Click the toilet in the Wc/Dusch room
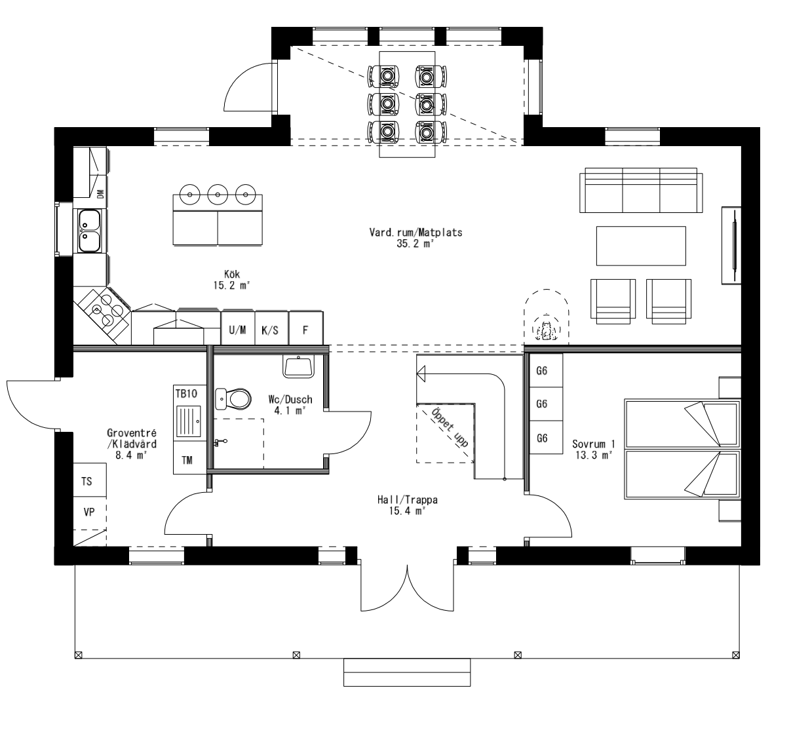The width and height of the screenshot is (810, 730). click(x=234, y=398)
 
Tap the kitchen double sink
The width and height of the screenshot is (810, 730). click(x=88, y=231)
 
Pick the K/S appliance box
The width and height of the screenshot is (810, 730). click(x=270, y=330)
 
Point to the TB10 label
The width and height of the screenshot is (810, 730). click(x=185, y=393)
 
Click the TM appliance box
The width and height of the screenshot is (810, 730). click(x=187, y=460)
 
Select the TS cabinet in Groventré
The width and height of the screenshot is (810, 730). click(x=87, y=482)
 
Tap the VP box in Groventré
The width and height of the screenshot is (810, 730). click(x=89, y=512)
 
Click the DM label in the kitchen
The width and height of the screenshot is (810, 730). click(x=100, y=193)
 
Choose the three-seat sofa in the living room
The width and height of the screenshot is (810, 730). click(x=640, y=191)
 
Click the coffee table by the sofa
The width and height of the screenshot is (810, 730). click(x=640, y=246)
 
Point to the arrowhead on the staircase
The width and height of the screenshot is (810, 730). click(x=421, y=374)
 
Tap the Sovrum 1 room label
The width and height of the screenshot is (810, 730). click(x=593, y=448)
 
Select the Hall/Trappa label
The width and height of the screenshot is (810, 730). click(x=407, y=505)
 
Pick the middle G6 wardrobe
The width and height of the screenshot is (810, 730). click(x=542, y=404)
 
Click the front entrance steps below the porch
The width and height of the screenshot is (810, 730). click(x=407, y=672)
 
